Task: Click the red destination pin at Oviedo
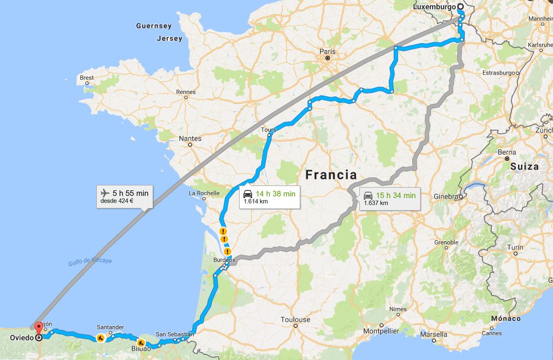pyautogui.click(x=38, y=329)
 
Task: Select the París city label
pyautogui.click(x=327, y=51)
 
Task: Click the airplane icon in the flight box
pyautogui.click(x=105, y=193)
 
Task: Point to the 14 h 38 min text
pyautogui.click(x=276, y=194)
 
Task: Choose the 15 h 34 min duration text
pyautogui.click(x=395, y=195)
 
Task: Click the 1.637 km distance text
pyautogui.click(x=376, y=204)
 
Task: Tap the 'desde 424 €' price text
pyautogui.click(x=117, y=201)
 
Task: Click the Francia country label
pyautogui.click(x=331, y=175)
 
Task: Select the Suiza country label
pyautogui.click(x=525, y=166)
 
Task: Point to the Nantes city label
pyautogui.click(x=190, y=138)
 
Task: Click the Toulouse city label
pyautogui.click(x=295, y=320)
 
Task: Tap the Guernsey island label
pyautogui.click(x=154, y=26)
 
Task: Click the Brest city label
pyautogui.click(x=87, y=78)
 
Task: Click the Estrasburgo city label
pyautogui.click(x=499, y=73)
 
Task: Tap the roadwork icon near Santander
pyautogui.click(x=101, y=338)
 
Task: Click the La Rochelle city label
pyautogui.click(x=204, y=193)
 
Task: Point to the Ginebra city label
pyautogui.click(x=446, y=196)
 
